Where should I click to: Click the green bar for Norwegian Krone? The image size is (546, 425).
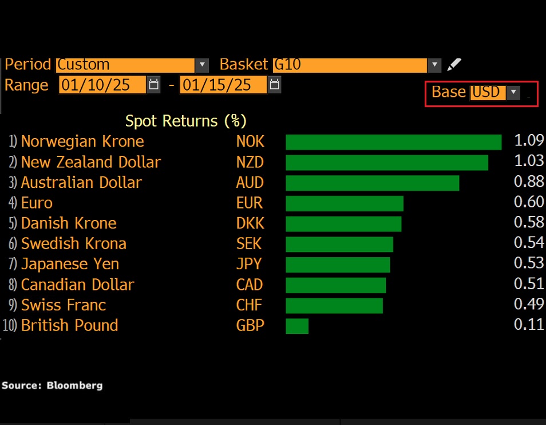393,142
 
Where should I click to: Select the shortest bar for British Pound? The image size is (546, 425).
297,326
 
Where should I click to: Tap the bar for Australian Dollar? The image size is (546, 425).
372,183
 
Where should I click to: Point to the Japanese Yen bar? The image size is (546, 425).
338,265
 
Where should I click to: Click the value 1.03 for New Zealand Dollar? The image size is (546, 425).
528,162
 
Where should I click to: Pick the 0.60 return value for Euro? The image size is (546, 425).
528,203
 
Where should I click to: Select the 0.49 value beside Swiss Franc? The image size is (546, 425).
528,305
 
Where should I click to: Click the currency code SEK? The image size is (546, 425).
249,244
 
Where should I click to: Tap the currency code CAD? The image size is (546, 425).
250,285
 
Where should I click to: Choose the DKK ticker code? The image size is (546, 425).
250,223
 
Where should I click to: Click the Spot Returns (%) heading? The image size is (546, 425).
185,121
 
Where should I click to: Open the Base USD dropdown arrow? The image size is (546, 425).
513,92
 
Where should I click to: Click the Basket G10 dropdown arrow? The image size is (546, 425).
435,65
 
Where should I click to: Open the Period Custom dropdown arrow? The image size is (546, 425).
202,65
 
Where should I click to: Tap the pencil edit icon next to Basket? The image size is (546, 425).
454,65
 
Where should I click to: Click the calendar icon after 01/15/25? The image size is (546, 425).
275,85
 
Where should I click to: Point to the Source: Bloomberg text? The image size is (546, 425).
52,385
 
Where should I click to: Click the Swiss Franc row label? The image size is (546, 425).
63,305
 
